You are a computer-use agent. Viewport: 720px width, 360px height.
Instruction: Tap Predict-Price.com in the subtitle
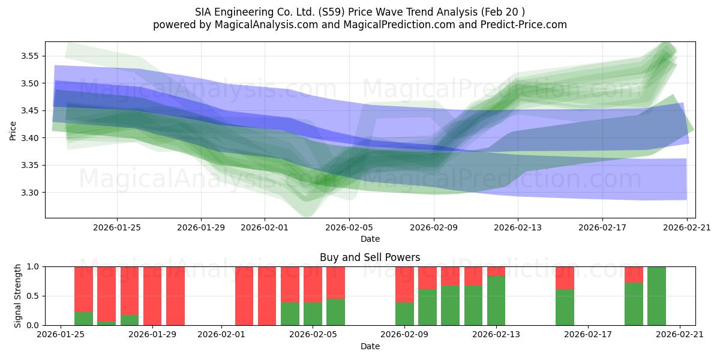(x=520, y=25)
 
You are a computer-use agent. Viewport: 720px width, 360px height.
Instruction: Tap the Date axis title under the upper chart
(x=370, y=239)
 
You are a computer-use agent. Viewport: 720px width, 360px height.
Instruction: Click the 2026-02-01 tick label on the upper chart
(x=265, y=227)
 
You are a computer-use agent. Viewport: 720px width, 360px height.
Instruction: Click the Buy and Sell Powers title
(x=370, y=257)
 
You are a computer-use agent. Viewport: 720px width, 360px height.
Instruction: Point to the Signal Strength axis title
(x=18, y=296)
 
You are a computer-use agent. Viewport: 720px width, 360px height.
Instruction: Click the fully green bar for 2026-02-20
(x=656, y=296)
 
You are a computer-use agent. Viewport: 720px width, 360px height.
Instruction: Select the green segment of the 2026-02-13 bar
(x=496, y=301)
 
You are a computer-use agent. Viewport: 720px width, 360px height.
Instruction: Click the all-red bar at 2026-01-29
(x=152, y=296)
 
